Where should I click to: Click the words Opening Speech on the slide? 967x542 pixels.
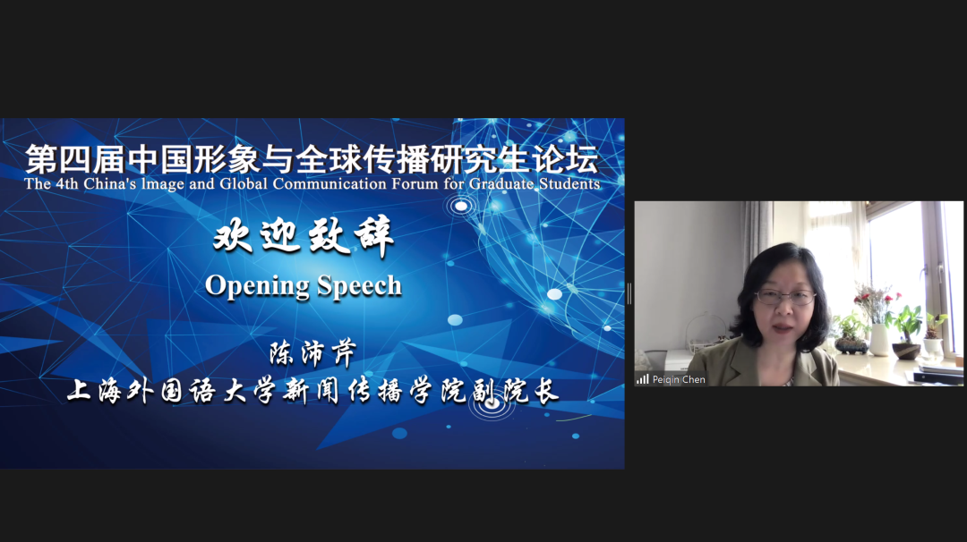[x=304, y=285]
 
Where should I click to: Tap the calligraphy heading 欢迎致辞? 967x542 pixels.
[x=304, y=239]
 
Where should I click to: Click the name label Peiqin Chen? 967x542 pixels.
[x=679, y=379]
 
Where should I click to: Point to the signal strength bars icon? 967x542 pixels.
[x=642, y=379]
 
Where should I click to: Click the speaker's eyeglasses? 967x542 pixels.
[x=785, y=297]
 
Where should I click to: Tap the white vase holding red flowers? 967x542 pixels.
[x=879, y=339]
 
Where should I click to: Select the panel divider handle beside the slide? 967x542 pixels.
[x=629, y=293]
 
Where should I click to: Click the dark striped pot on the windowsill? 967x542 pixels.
[x=851, y=345]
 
